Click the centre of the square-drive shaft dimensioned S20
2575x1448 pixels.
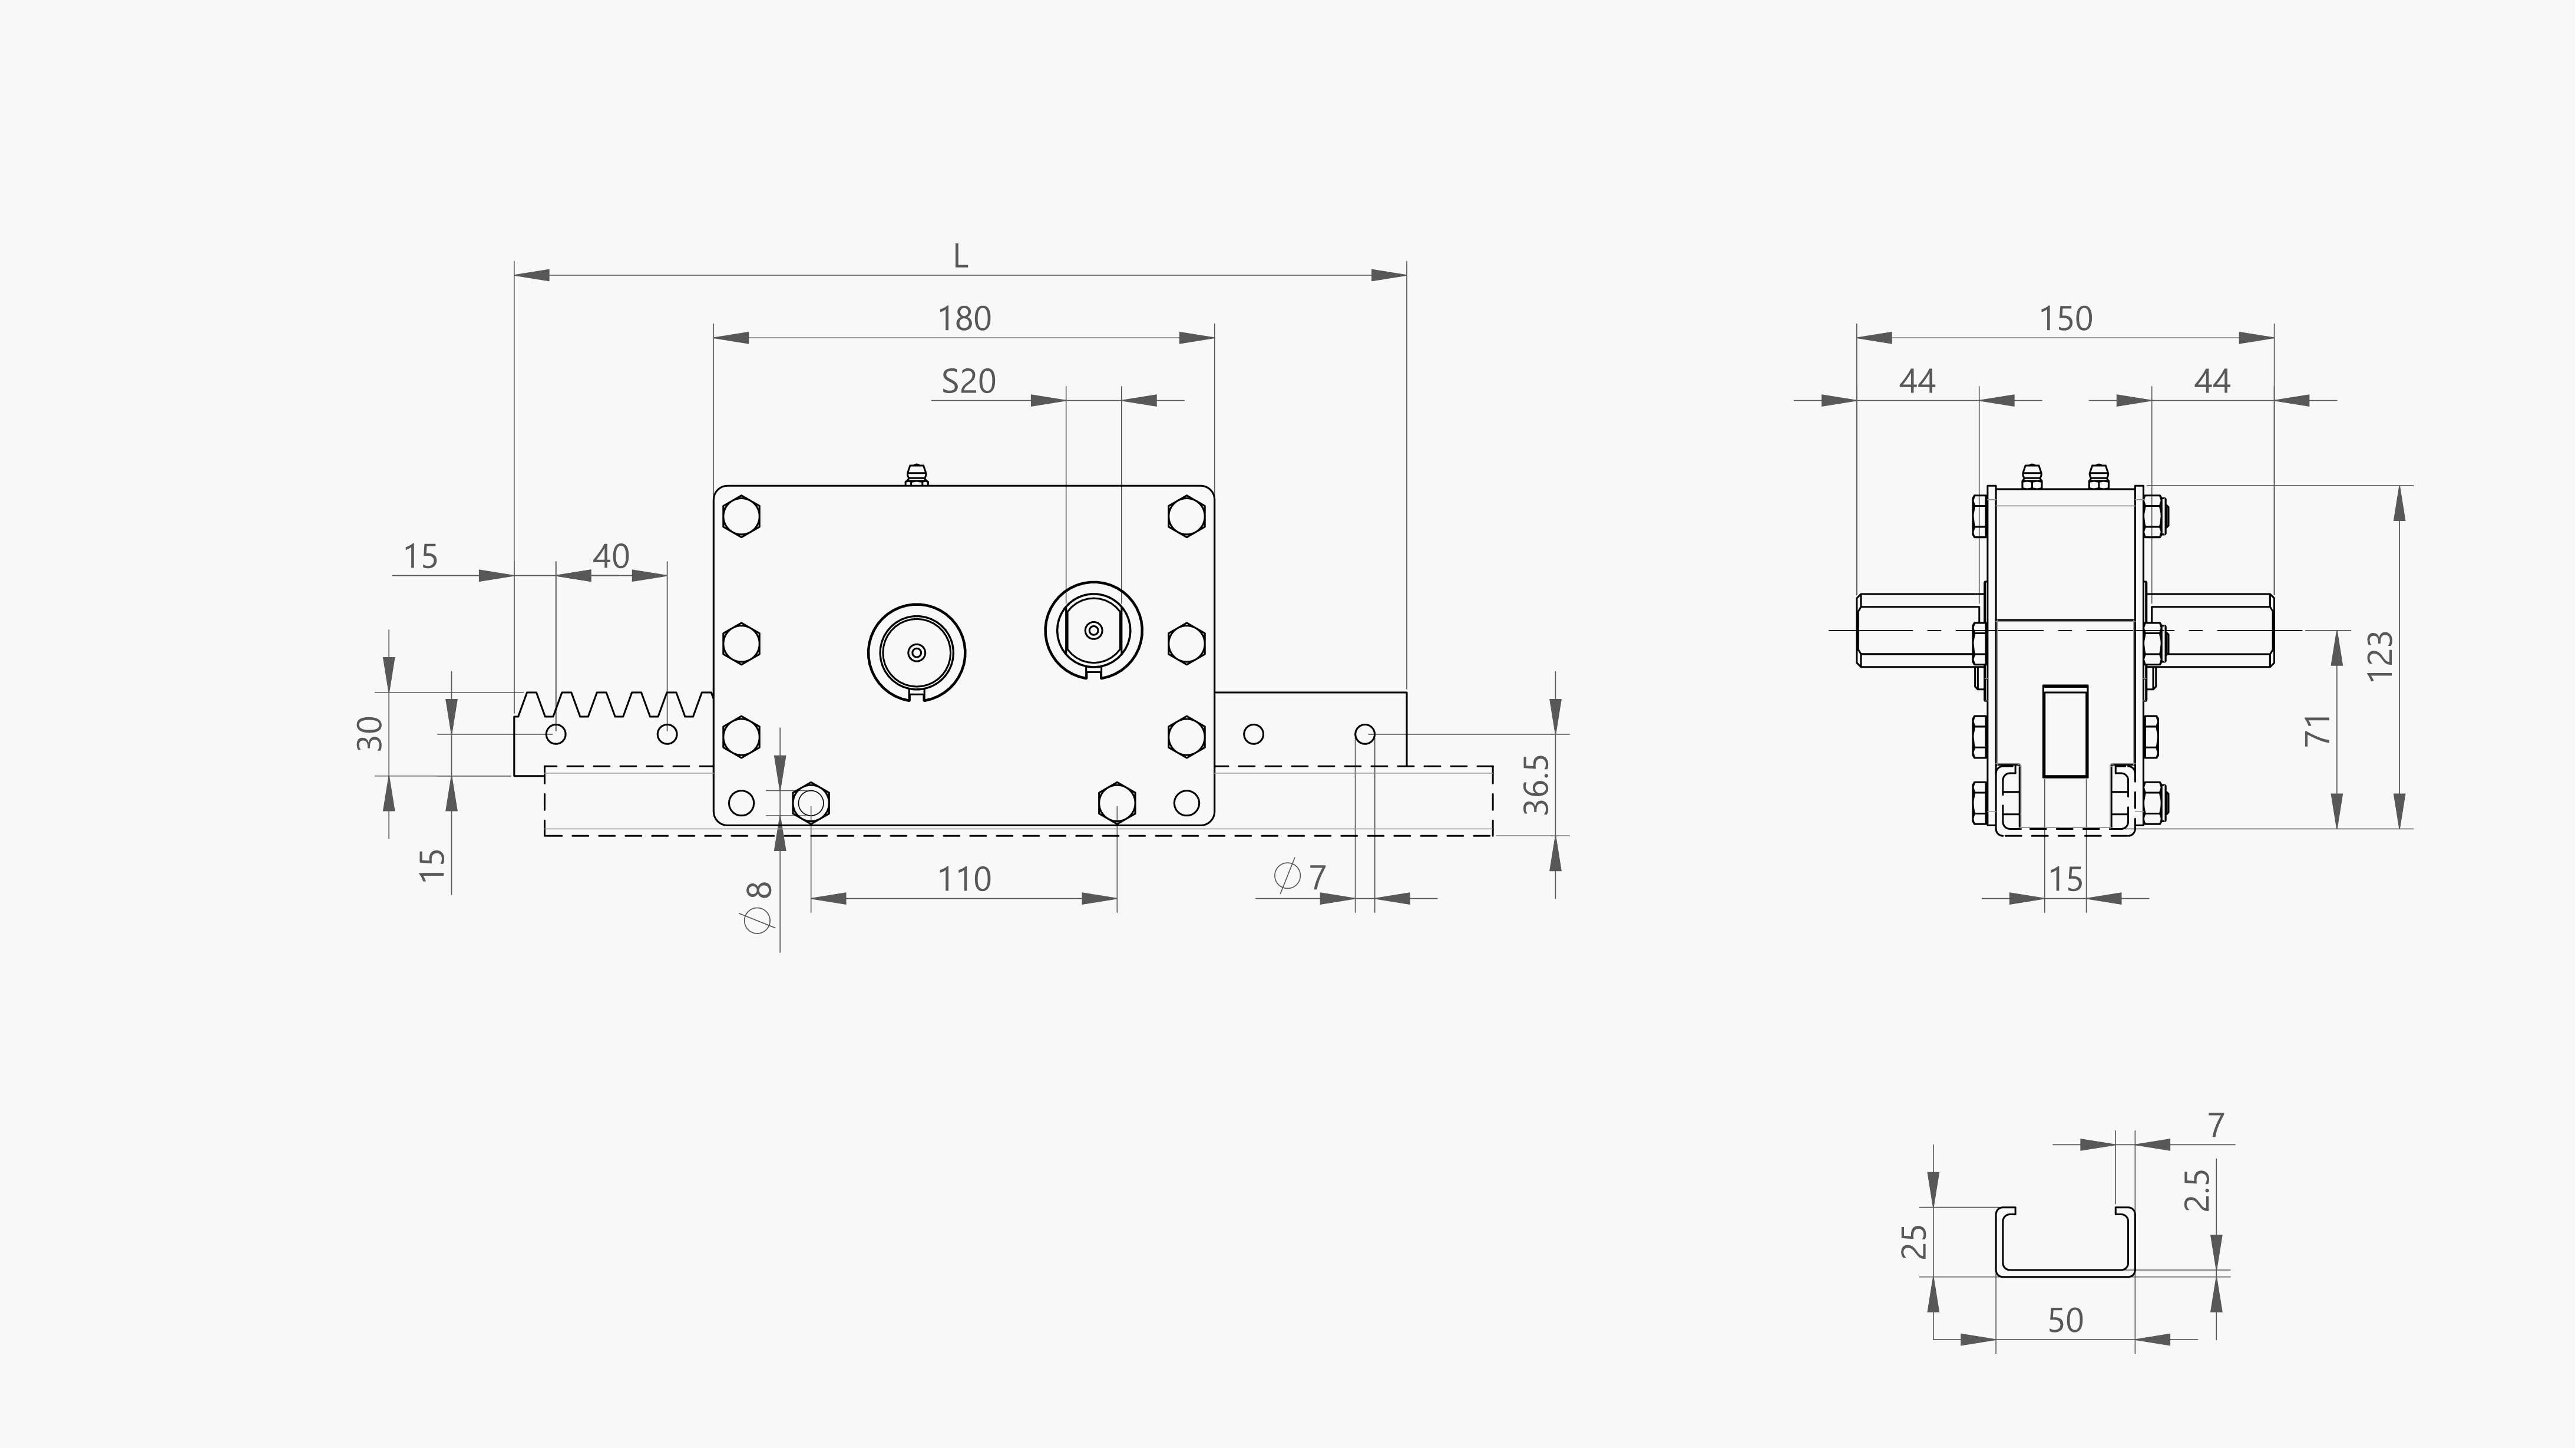point(1093,630)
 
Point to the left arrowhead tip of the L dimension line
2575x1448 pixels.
point(515,274)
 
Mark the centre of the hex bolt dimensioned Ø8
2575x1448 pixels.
point(811,802)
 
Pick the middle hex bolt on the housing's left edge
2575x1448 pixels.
point(741,643)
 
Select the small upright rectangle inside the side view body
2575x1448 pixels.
point(2065,731)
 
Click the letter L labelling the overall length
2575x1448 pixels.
point(961,257)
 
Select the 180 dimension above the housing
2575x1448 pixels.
point(964,319)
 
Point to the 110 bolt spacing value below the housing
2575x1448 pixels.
point(964,880)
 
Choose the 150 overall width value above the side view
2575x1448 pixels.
point(2065,319)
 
